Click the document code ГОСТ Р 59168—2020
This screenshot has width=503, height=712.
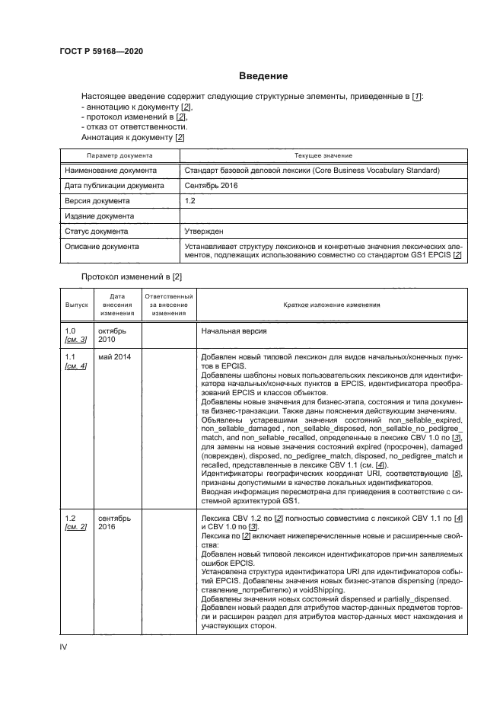click(x=101, y=51)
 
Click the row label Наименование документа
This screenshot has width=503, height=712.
click(x=110, y=171)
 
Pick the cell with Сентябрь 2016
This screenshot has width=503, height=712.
click(x=212, y=186)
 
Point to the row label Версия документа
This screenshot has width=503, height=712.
click(x=97, y=201)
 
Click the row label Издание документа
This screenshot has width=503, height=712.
click(x=98, y=216)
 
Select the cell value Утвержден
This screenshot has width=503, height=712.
click(x=204, y=231)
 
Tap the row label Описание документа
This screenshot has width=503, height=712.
click(x=102, y=247)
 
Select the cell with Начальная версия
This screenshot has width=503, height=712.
click(x=233, y=332)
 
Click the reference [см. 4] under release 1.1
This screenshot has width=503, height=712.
click(x=76, y=366)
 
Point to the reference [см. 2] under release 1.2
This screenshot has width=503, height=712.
click(x=76, y=527)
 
